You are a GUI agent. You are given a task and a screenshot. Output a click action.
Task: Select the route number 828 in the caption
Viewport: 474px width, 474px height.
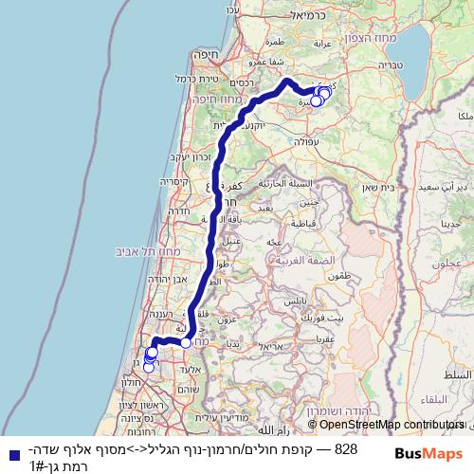click(x=346, y=448)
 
